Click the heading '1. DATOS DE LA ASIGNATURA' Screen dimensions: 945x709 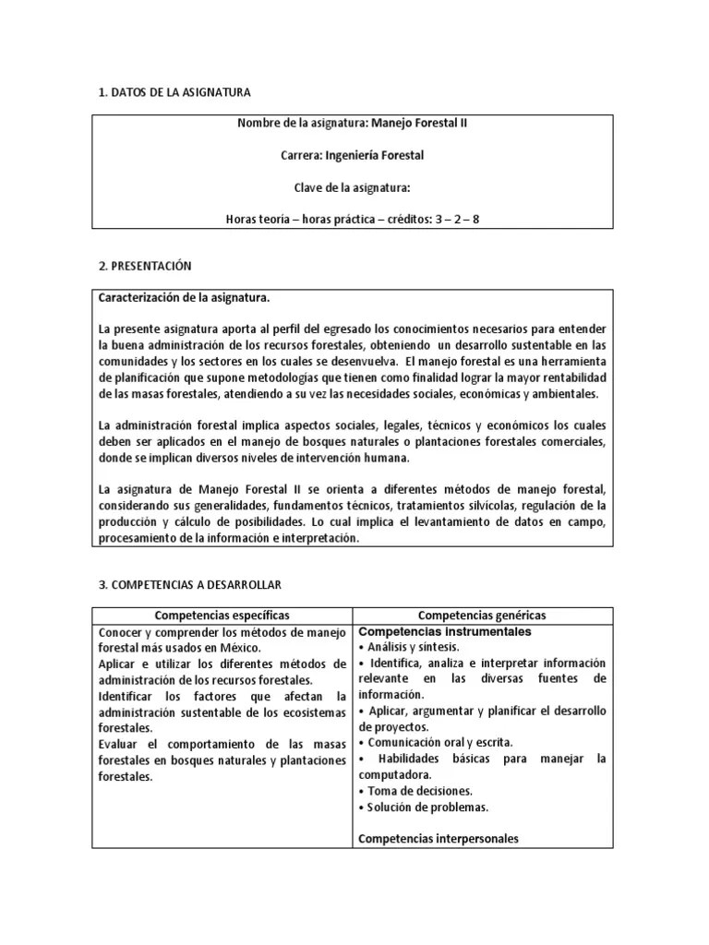pos(174,92)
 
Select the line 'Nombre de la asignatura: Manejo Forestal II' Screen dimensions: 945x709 pos(352,124)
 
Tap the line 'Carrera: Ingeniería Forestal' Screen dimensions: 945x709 pos(352,155)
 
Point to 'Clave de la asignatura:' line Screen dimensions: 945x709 pos(352,187)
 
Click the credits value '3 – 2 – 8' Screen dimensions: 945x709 pos(457,219)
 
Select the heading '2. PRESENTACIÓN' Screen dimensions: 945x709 pos(144,266)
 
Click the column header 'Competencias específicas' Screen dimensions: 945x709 pos(222,615)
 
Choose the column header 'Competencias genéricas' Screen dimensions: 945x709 pos(482,615)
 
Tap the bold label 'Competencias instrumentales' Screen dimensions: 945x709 pos(444,631)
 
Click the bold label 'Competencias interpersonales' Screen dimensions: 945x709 pos(438,839)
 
